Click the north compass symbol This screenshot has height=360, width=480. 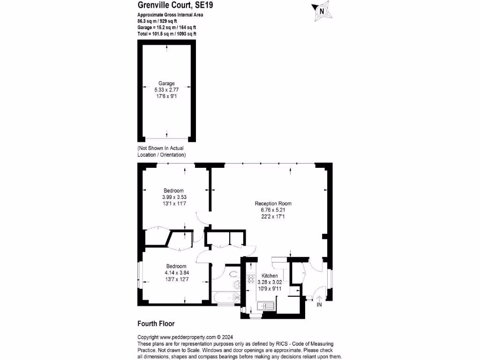point(322,11)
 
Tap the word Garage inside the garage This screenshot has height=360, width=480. point(166,83)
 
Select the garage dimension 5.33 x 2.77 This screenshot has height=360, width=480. point(166,90)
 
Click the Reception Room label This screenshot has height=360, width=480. point(273,203)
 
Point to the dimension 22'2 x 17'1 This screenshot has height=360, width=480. point(273,217)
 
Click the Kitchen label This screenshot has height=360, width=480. point(270,276)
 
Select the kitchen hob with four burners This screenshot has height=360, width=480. point(251,279)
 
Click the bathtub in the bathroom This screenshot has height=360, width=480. point(225,298)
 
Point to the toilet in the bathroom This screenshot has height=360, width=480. point(236,285)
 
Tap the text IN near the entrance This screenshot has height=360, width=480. point(319,306)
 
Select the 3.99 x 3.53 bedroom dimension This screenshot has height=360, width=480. point(173,197)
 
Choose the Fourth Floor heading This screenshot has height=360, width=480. point(156,323)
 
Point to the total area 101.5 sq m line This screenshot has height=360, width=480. point(167,34)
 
